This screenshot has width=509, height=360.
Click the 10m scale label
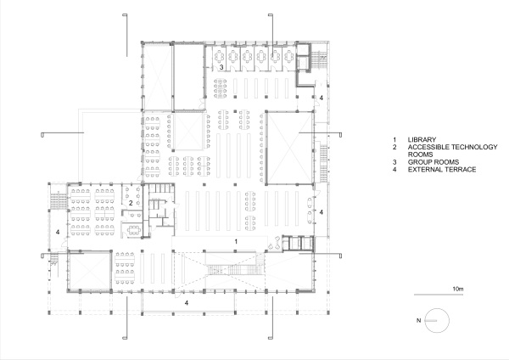point(459,289)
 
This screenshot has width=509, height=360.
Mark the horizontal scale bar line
point(440,295)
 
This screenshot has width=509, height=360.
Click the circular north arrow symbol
point(435,321)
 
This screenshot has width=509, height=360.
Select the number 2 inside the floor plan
point(131,203)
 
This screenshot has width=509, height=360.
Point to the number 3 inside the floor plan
point(221,66)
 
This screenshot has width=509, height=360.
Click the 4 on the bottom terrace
point(187,301)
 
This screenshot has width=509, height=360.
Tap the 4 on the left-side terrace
point(59,231)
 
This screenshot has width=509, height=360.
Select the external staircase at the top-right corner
point(319,63)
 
